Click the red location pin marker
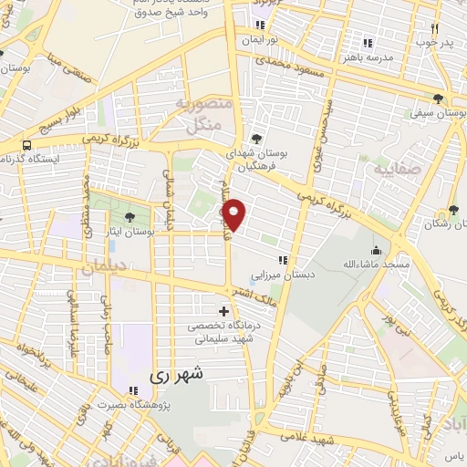pyautogui.click(x=234, y=215)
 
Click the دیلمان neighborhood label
pyautogui.click(x=99, y=270)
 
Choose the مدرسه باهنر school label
pyautogui.click(x=368, y=57)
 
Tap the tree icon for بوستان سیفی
pyautogui.click(x=439, y=99)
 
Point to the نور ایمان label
pyautogui.click(x=261, y=40)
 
